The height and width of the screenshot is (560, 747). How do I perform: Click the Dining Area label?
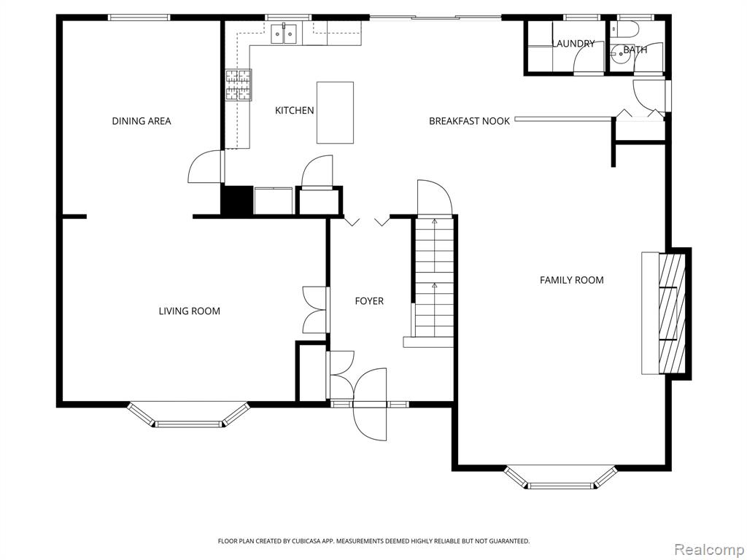point(141,121)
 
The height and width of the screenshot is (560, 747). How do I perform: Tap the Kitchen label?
point(295,111)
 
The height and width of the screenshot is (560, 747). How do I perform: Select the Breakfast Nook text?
point(469,121)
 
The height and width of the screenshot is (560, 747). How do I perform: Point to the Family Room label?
point(572,280)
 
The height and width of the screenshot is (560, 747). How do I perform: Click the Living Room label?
point(189,311)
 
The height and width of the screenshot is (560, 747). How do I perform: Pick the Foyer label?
point(369,301)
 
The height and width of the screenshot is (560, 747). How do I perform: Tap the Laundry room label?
point(573,43)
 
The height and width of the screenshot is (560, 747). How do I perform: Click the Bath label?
point(635,49)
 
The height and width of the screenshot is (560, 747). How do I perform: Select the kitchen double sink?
point(285,34)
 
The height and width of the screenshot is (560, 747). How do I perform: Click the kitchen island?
point(336,112)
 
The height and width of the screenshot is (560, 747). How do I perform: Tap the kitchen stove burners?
point(239,85)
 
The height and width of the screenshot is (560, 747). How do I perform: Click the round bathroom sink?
point(622,54)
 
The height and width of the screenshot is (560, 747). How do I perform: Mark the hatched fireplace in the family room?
point(672,314)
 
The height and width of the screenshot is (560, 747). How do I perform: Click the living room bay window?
point(189,415)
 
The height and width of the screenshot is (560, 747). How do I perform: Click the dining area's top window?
point(139,17)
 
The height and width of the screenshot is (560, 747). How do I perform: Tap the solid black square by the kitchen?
point(237,201)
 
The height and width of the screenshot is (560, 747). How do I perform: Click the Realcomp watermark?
point(709,550)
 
